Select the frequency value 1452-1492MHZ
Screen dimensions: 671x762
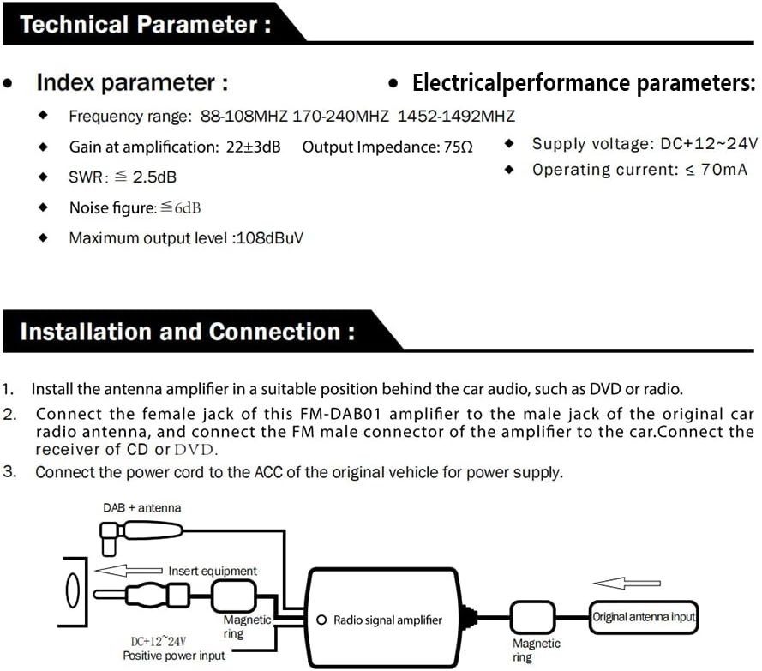(x=456, y=116)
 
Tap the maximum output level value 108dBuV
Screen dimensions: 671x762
(x=268, y=237)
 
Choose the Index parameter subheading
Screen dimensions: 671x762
(x=131, y=83)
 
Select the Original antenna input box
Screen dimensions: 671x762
(x=643, y=616)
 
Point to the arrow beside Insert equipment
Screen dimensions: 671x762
(x=128, y=571)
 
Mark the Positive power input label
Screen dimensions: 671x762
(x=174, y=656)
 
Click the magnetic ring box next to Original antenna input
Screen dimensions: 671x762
(x=534, y=616)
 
